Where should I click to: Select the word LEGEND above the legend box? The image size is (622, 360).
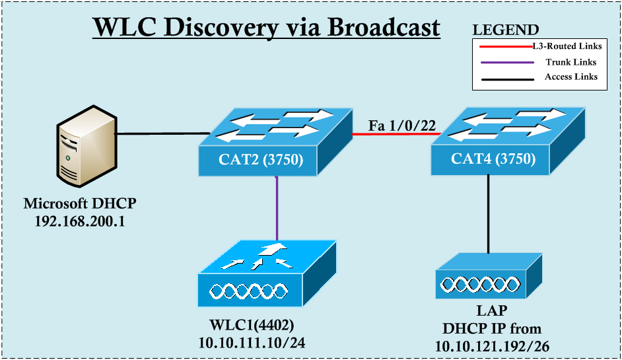[506, 30]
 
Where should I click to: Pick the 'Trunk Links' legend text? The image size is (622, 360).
[570, 62]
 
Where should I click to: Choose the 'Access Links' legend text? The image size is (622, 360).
[570, 77]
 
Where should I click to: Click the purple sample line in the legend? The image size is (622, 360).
[506, 63]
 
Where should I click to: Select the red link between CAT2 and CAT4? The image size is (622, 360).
[392, 134]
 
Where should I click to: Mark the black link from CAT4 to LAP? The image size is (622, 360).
[489, 215]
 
